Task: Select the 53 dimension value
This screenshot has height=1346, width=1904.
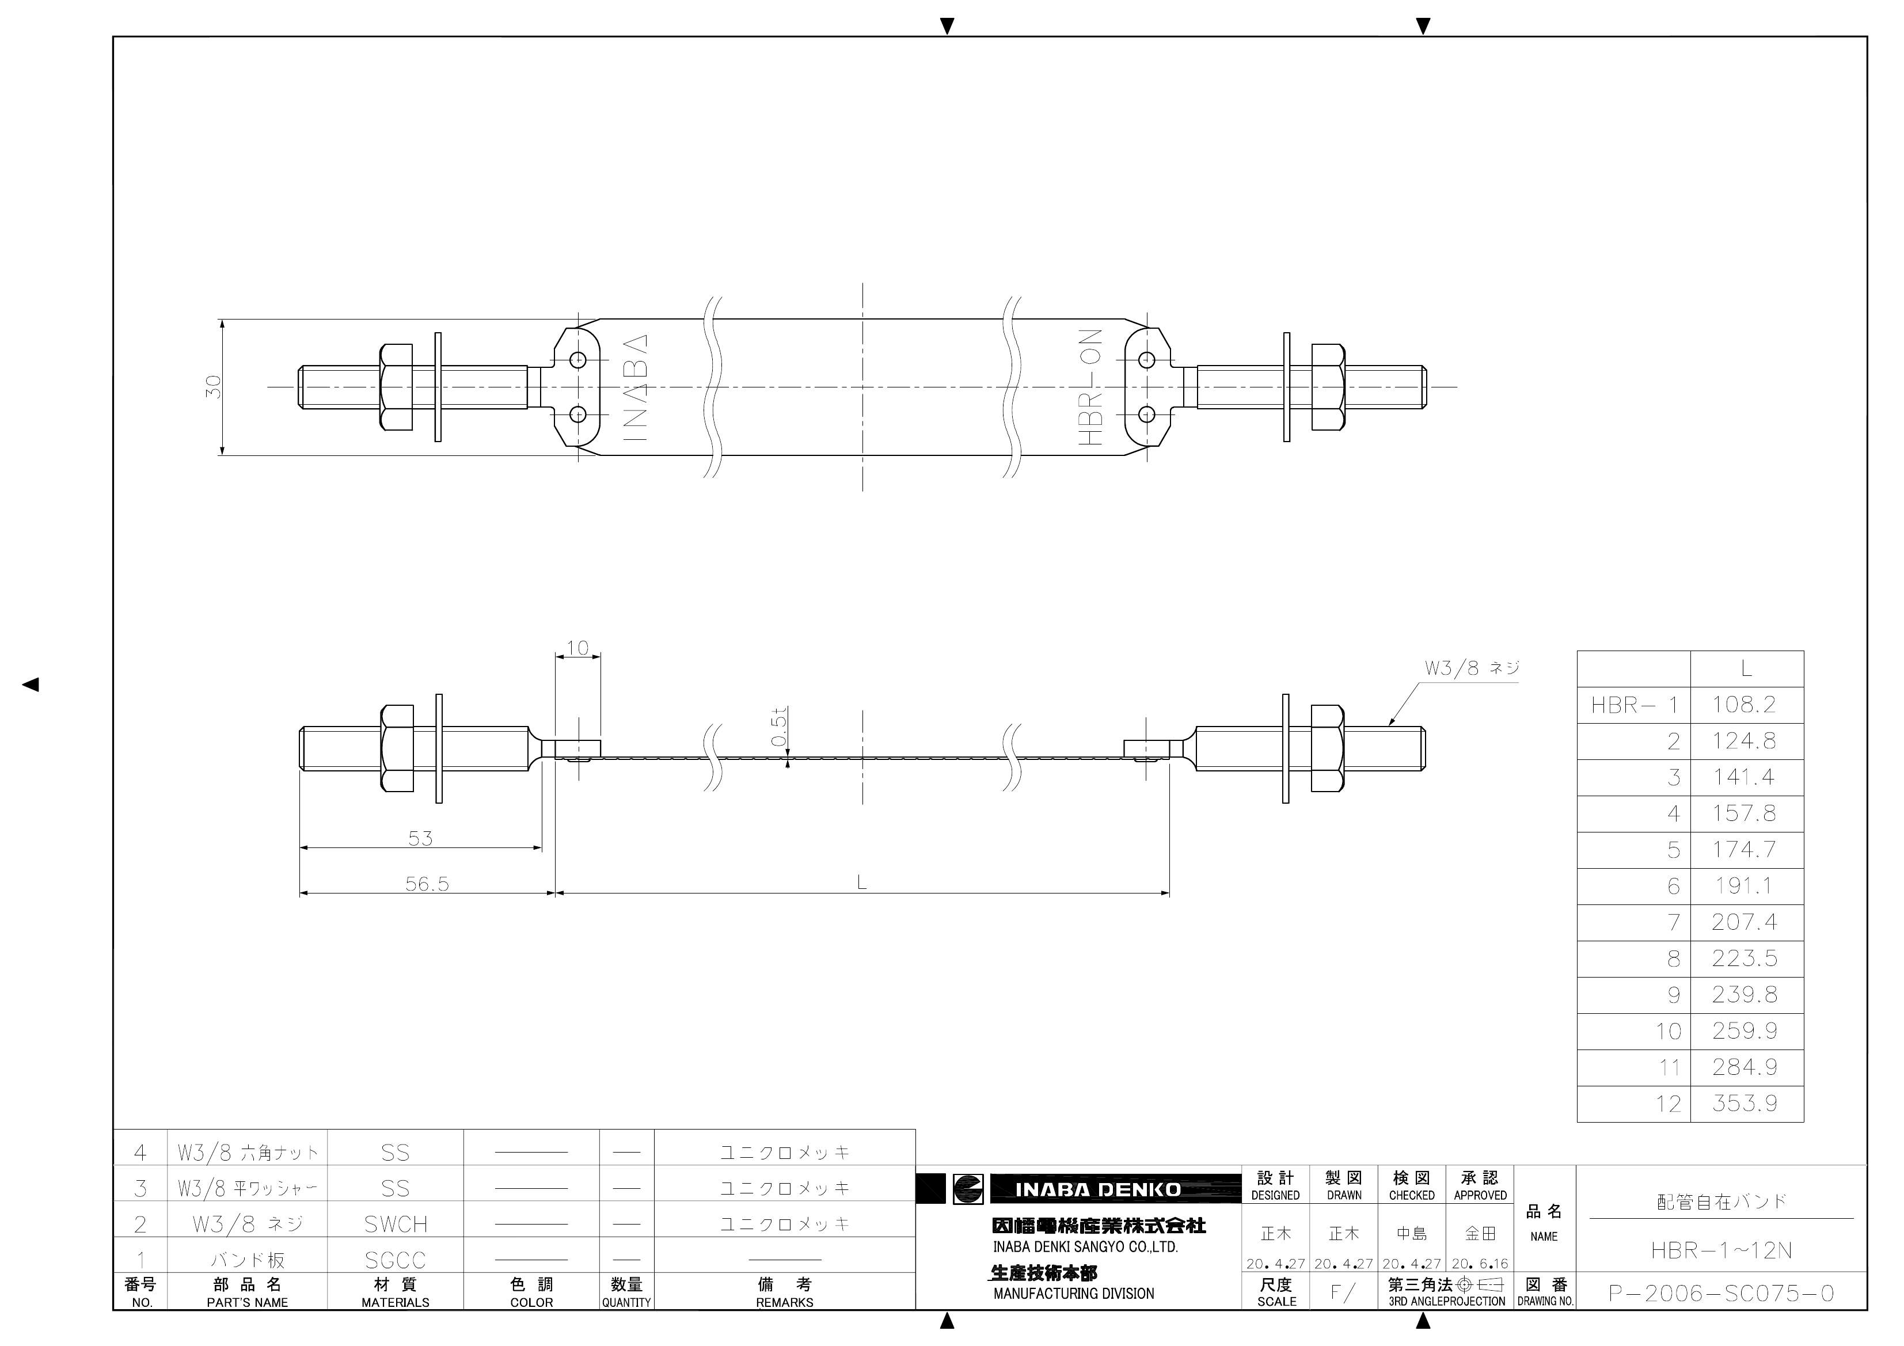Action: coord(420,838)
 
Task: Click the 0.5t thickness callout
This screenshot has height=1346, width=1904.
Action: coord(778,727)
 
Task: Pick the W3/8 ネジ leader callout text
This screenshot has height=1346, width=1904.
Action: coord(1471,668)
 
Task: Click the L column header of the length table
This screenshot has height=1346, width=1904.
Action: coord(1746,668)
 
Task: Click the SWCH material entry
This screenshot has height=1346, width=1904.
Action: coord(396,1224)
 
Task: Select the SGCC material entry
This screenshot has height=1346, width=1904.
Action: coord(396,1261)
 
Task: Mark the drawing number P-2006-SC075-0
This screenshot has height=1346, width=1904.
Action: coord(1721,1293)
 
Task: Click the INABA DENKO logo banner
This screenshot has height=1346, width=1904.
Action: coord(1097,1189)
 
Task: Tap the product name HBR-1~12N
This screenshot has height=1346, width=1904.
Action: coord(1721,1250)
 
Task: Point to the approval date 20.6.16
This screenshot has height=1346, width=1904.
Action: coord(1480,1264)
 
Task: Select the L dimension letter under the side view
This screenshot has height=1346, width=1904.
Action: coord(862,883)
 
